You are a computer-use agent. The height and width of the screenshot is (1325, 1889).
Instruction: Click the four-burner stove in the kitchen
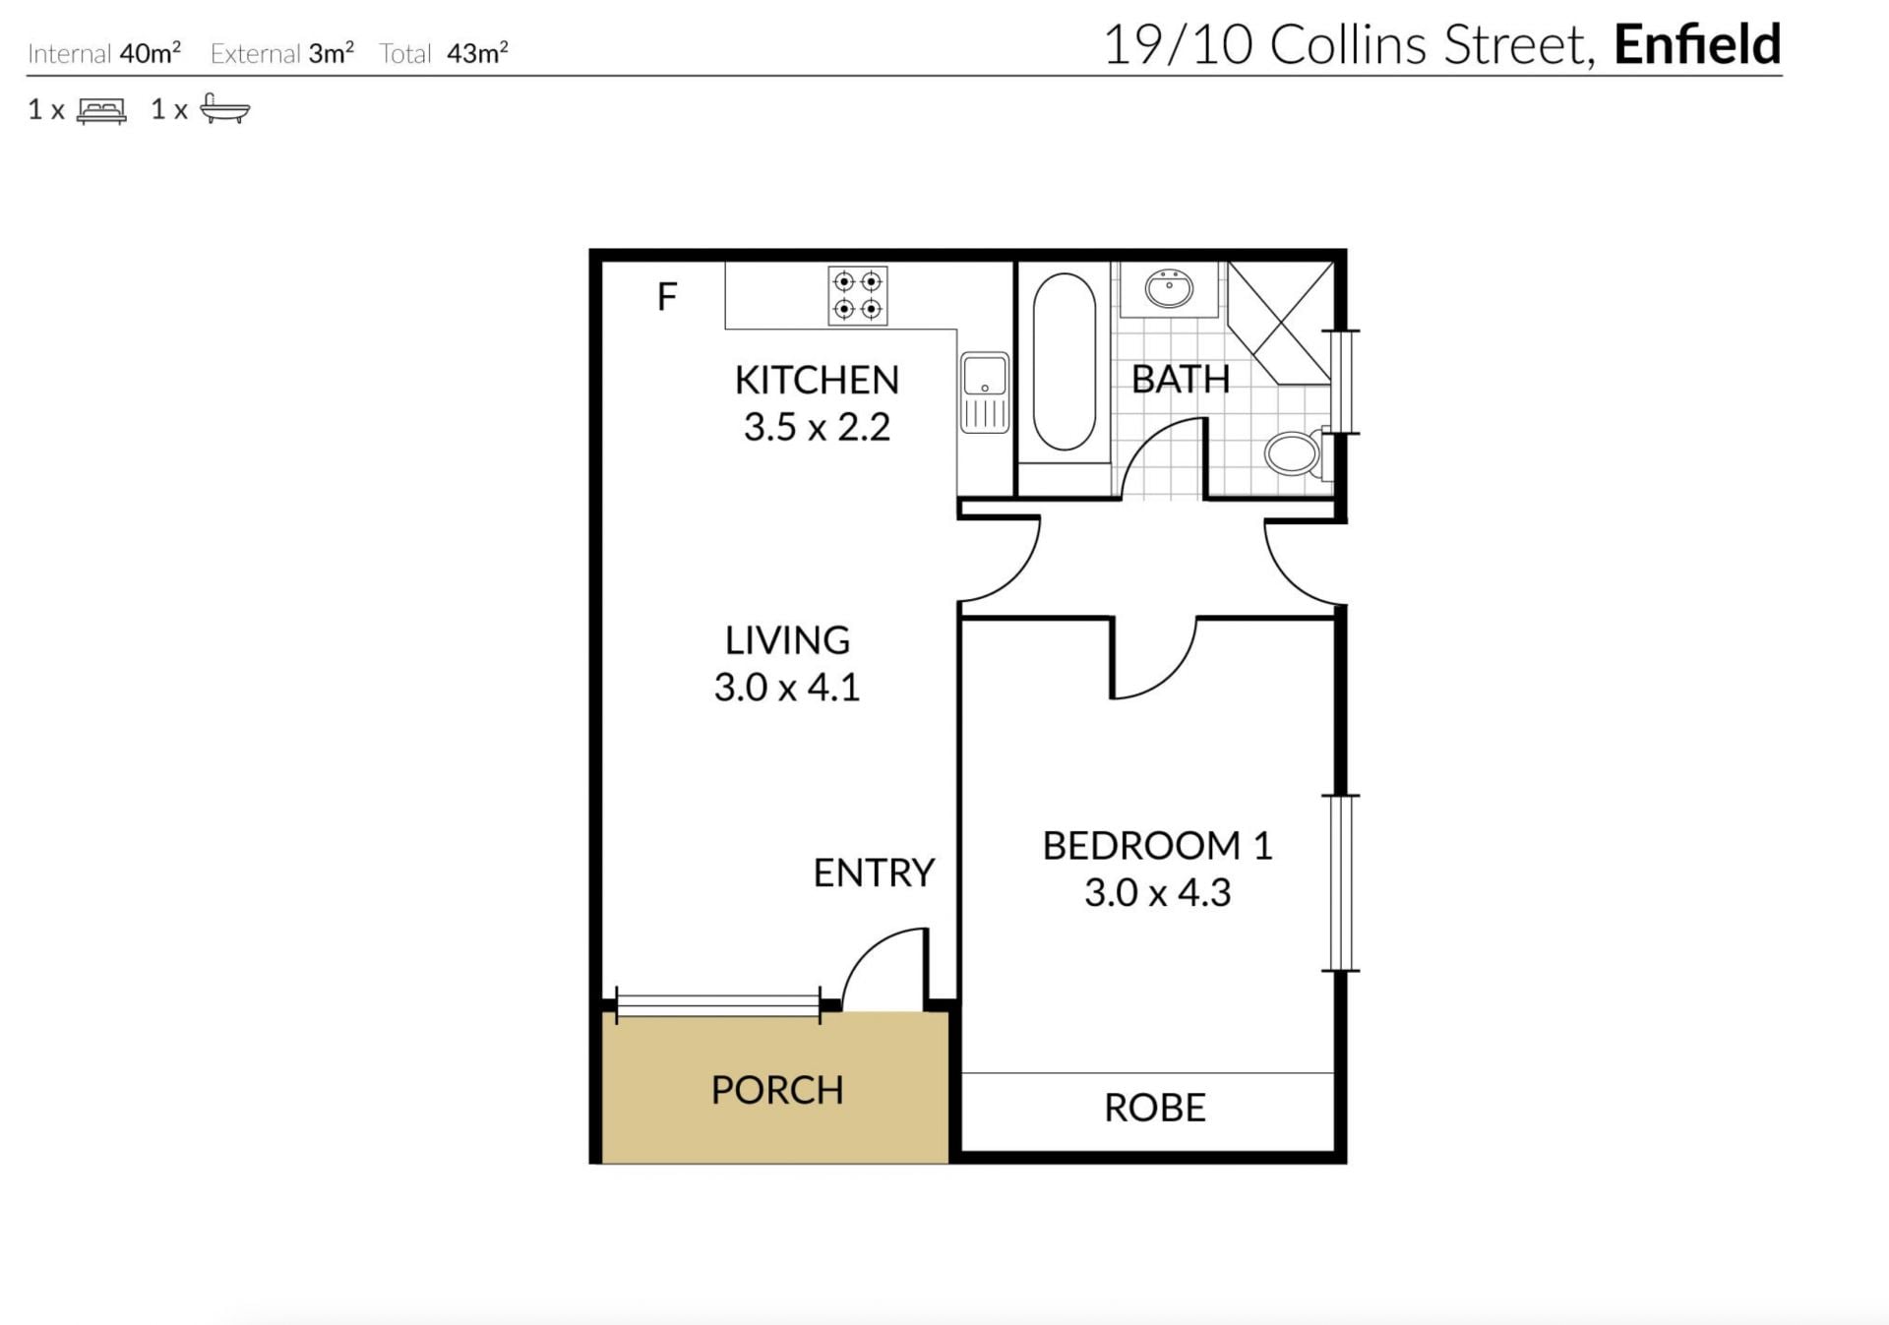(858, 295)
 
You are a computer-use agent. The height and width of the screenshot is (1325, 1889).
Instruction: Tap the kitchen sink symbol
(985, 392)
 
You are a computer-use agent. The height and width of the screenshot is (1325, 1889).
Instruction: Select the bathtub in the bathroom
(1064, 362)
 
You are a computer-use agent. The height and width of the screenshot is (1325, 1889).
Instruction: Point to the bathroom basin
(1169, 288)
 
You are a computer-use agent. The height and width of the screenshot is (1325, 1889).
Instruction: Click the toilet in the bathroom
(1297, 453)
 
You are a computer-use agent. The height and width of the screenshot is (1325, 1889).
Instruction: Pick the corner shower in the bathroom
(1280, 323)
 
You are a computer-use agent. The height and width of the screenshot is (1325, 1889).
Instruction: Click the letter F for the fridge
(667, 296)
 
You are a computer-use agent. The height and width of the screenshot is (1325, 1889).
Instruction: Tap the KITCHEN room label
(817, 380)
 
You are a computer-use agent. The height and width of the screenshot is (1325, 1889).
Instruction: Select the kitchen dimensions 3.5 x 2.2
(817, 427)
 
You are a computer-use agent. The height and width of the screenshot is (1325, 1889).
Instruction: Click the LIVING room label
(787, 640)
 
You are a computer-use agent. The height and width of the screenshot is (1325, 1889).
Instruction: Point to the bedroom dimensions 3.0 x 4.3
(1157, 892)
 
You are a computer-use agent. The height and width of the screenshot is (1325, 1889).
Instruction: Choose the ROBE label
(1154, 1108)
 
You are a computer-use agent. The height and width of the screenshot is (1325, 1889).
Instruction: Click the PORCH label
(777, 1090)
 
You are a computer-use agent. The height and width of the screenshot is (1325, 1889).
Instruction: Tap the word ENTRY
(874, 873)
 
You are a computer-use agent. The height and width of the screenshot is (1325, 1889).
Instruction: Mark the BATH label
(1181, 380)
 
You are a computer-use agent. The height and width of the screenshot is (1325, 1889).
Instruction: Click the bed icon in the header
(101, 110)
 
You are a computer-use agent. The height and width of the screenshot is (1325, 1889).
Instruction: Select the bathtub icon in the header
(225, 108)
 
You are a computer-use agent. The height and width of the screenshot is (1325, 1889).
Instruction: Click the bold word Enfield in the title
(1697, 44)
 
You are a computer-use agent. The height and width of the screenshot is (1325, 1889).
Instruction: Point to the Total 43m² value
(477, 52)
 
